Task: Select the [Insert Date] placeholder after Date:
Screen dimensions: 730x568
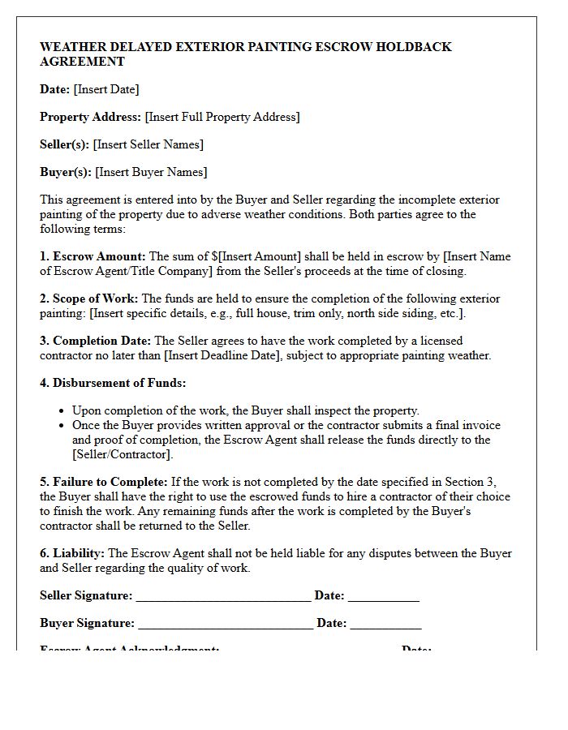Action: tap(106, 89)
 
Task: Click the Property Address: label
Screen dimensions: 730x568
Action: tap(90, 117)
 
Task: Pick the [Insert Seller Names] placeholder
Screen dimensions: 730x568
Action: tap(148, 144)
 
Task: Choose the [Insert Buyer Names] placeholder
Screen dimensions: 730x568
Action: tap(151, 172)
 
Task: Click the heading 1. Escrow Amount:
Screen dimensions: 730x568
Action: tap(93, 256)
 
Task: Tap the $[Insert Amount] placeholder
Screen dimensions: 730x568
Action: tap(256, 256)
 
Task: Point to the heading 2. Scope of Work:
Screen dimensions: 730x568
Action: tap(88, 298)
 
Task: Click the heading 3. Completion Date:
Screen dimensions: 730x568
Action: tap(95, 341)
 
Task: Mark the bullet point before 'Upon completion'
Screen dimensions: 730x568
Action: tap(62, 411)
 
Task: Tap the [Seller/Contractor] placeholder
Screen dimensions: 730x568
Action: tap(123, 454)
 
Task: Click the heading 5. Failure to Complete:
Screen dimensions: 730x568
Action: tap(103, 482)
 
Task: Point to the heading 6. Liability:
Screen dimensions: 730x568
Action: tap(71, 553)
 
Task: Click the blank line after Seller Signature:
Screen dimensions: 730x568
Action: tap(223, 597)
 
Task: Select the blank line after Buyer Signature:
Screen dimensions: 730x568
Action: tap(226, 625)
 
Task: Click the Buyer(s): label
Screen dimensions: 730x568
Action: tap(65, 172)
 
